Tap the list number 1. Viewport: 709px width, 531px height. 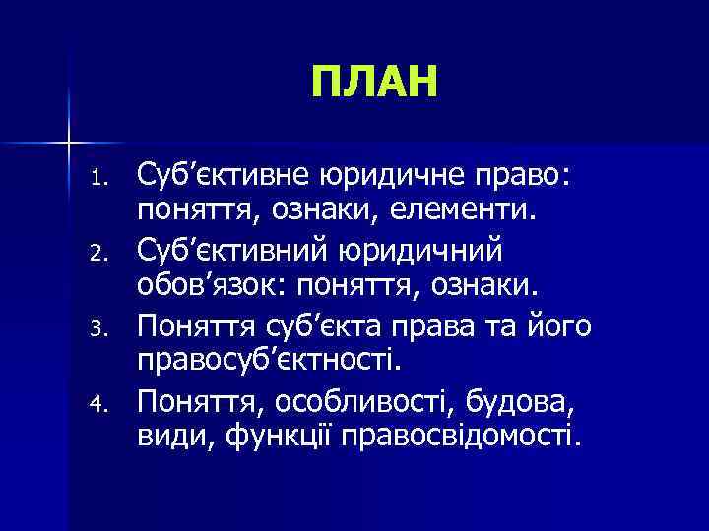(x=97, y=178)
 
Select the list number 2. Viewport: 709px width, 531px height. (x=97, y=252)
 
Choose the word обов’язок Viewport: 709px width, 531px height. (x=211, y=286)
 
